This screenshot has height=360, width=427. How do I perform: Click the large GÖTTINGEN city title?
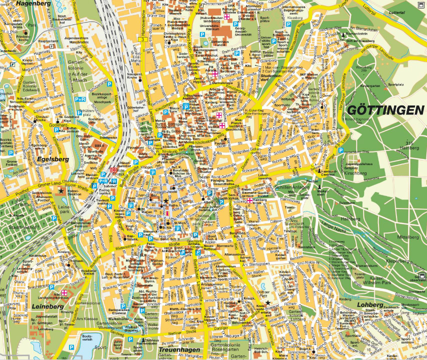(385, 110)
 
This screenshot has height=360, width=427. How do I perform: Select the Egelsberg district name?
(52, 159)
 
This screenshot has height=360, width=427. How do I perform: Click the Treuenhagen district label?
(179, 350)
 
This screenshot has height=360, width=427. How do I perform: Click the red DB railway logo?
(113, 169)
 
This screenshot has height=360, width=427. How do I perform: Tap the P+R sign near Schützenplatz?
(80, 99)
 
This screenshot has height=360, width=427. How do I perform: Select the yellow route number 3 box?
(143, 38)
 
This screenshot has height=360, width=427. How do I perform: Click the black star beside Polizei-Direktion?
(61, 190)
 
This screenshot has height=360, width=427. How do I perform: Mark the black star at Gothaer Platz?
(268, 303)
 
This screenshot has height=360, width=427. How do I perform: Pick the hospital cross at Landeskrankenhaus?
(64, 292)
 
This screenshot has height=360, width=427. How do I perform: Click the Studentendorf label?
(271, 77)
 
